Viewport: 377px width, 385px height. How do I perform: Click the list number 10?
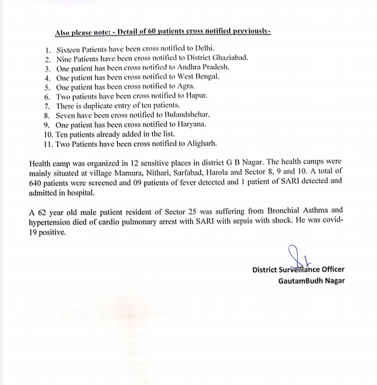[49, 134]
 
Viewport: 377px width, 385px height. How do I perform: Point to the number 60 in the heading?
[151, 32]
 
